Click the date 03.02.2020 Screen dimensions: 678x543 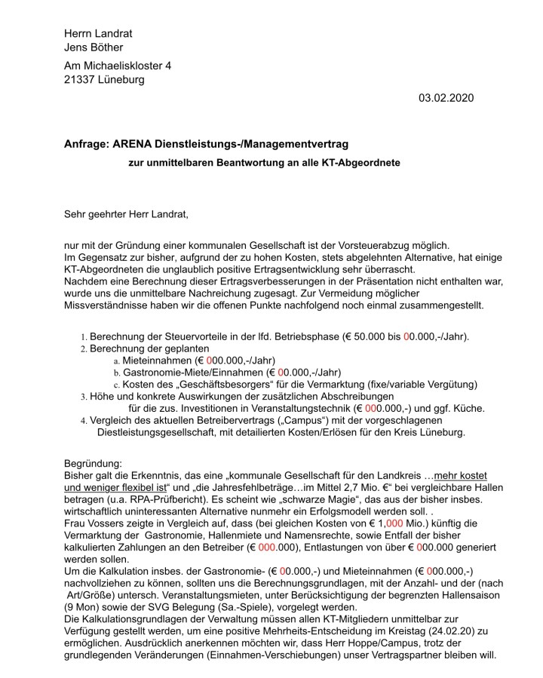point(446,98)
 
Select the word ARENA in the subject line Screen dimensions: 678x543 point(137,143)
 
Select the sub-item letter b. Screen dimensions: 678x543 point(117,373)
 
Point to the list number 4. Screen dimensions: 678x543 point(84,421)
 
